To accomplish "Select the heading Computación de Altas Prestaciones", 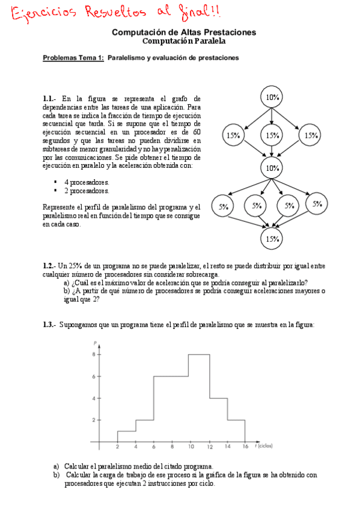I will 184,32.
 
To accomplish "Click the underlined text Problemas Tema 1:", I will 73,58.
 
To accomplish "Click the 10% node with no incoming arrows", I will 272,97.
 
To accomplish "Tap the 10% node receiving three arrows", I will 272,168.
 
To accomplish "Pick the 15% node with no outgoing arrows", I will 272,239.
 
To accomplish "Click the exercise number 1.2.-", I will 49,266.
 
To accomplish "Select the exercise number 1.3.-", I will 49,325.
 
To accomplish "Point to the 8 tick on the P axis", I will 93,355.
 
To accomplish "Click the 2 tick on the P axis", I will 93,420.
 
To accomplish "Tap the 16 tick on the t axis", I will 245,447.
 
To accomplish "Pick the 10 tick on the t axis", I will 190,447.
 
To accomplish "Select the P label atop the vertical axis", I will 96,343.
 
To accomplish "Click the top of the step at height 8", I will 199,354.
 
